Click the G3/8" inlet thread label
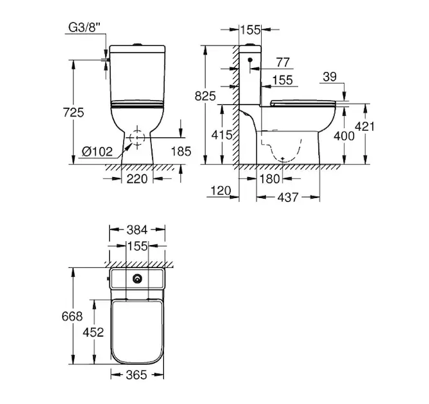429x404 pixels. click(84, 28)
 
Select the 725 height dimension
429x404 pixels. click(74, 112)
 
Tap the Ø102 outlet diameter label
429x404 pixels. click(97, 151)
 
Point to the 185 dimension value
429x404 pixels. click(181, 151)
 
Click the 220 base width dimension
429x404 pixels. click(137, 179)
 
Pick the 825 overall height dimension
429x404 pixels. click(205, 96)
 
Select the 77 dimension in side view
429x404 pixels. click(283, 62)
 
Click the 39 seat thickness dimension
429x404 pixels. click(329, 77)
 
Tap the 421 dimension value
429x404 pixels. click(364, 126)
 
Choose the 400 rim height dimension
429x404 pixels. click(344, 135)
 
